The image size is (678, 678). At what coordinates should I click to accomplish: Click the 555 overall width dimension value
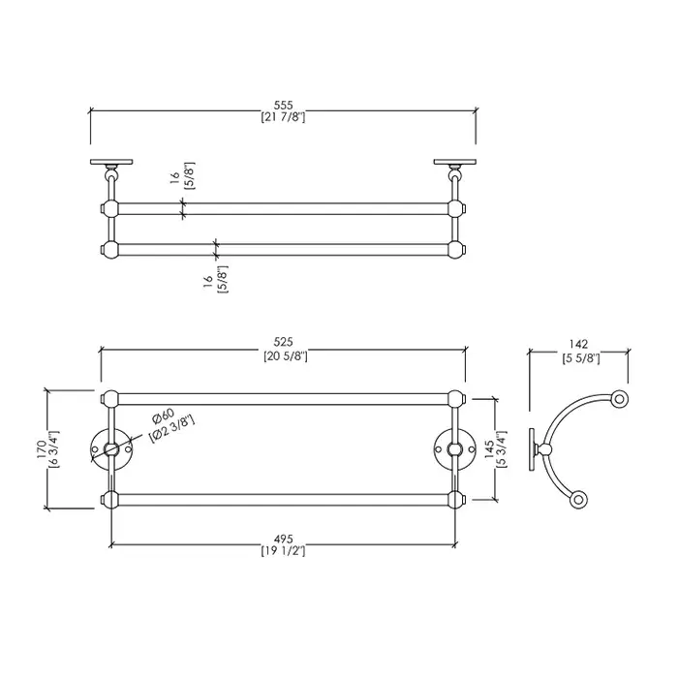coord(283,105)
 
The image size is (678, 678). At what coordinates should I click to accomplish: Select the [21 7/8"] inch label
coord(283,117)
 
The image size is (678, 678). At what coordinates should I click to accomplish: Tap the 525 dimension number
coord(283,342)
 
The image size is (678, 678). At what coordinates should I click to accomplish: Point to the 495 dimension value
coord(283,539)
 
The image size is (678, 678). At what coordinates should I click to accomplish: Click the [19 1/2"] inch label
coord(283,551)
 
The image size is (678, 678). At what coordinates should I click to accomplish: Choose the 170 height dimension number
coord(42,449)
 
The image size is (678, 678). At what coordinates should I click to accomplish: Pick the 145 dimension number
coord(489,449)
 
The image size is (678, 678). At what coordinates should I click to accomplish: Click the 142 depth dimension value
coord(578,344)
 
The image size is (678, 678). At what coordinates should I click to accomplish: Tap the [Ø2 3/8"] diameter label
coord(171,428)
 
